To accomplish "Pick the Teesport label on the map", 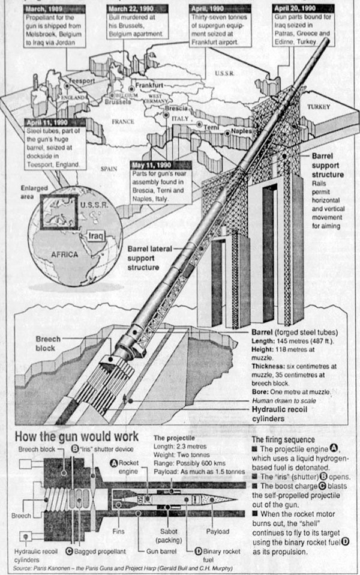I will coord(83,80).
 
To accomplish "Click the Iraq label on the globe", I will coord(96,235).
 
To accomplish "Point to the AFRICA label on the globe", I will coord(62,254).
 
